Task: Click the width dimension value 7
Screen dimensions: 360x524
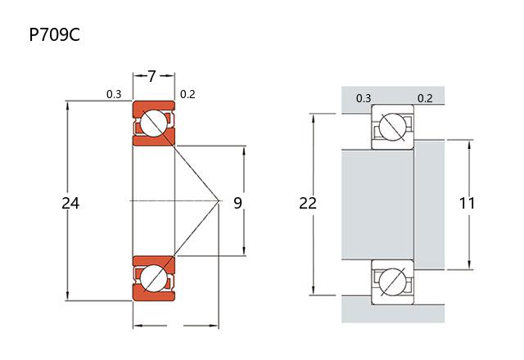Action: pos(153,77)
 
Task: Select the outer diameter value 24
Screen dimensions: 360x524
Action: pos(70,203)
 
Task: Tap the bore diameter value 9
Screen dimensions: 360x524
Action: pos(237,203)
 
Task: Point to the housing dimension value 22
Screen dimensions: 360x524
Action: pos(308,203)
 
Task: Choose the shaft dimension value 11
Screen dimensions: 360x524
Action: pos(467,203)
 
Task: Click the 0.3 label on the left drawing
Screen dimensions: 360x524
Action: pos(114,94)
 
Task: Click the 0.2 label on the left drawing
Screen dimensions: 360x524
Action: pos(187,94)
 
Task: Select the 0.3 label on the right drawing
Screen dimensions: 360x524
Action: pos(364,99)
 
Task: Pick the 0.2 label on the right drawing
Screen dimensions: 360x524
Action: pos(425,99)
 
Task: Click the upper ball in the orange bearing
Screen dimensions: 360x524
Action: pos(153,124)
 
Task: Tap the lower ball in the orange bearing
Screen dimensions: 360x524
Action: pos(153,277)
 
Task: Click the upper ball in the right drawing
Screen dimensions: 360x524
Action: pos(393,128)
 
